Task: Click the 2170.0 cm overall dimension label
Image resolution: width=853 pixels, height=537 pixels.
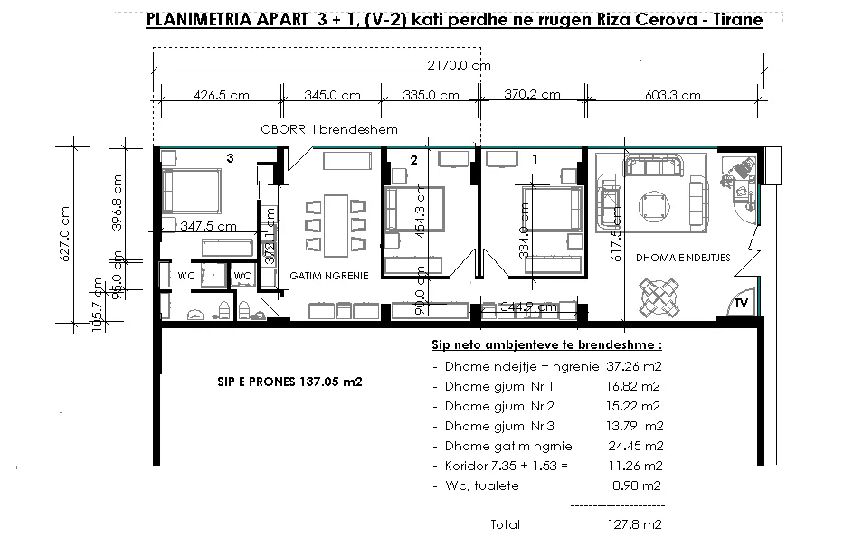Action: (x=460, y=65)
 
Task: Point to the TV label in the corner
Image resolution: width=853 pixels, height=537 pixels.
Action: (x=741, y=303)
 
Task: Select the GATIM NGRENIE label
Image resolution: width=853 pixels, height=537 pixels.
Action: (x=328, y=276)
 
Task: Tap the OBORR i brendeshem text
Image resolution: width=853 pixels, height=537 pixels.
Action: (x=329, y=130)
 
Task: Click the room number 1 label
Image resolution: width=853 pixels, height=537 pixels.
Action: (x=535, y=158)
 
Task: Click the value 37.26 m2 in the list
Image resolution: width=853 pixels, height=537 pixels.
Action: (x=630, y=367)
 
